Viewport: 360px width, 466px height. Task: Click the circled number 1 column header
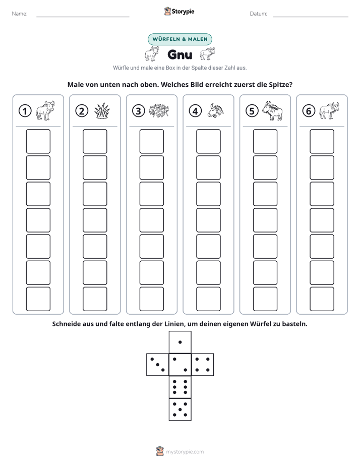[25, 111]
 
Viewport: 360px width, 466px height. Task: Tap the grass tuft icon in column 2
[102, 111]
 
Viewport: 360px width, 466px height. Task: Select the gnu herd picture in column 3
[159, 111]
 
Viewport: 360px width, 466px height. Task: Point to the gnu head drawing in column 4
[216, 110]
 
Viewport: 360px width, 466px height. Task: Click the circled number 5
[252, 111]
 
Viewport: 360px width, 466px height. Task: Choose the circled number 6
[309, 111]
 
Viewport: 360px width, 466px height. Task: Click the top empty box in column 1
[38, 141]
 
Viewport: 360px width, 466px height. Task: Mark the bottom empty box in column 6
[322, 299]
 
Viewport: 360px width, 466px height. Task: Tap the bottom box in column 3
[152, 299]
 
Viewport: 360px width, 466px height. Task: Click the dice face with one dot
[180, 342]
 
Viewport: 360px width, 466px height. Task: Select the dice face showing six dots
[180, 387]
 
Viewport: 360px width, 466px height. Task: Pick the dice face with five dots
[180, 409]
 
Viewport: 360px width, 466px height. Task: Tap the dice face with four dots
[203, 365]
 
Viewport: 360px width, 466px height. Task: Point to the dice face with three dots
[158, 365]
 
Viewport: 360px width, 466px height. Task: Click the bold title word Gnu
[180, 54]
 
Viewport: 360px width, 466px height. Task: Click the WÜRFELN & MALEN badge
[180, 39]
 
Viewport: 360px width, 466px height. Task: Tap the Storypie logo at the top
[179, 11]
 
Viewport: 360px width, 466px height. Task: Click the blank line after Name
[83, 17]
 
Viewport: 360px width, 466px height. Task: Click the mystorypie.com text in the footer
[185, 452]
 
